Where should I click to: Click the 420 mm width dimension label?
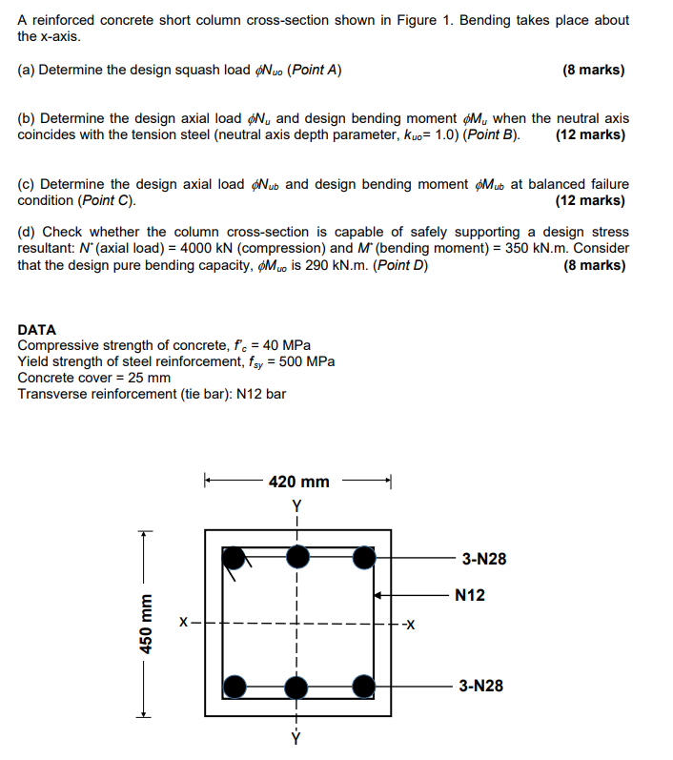tap(298, 482)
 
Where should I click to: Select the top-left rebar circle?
tap(234, 557)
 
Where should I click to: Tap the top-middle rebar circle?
tap(298, 557)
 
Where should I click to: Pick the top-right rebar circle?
tap(362, 557)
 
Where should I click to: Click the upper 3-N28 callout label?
tap(483, 559)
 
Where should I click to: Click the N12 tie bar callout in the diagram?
tap(470, 595)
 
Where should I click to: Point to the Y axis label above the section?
tap(297, 505)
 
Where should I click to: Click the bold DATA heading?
tap(37, 329)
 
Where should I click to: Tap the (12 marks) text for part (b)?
tap(590, 134)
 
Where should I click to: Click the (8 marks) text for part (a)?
tap(594, 70)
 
